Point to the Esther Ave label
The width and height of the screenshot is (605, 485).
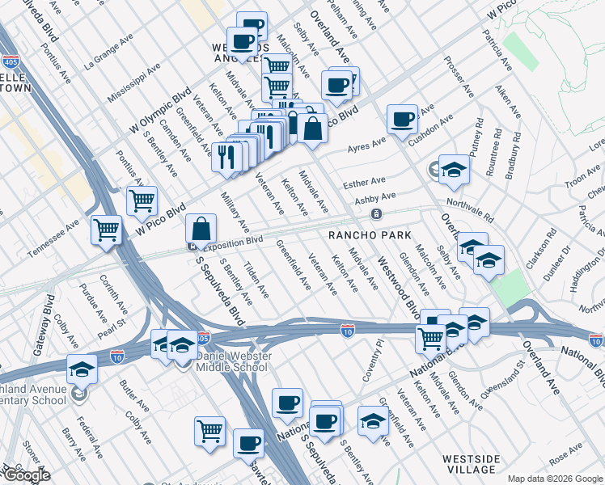point(364,183)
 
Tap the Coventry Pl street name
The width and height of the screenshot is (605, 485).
point(373,363)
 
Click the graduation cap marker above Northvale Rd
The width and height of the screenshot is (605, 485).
point(455,168)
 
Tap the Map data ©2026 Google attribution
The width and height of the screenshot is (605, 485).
point(554,479)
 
